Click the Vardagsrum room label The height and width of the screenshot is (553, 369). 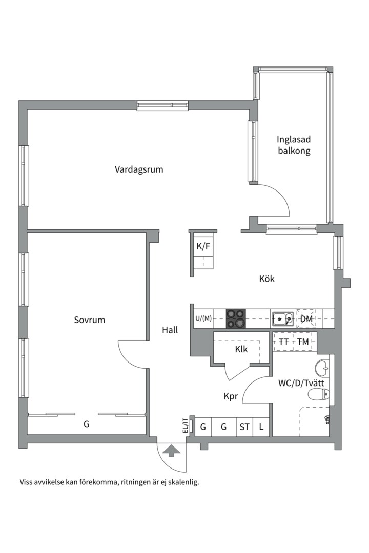click(x=139, y=169)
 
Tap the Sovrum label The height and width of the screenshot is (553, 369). click(x=89, y=320)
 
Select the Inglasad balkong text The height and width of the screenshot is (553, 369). click(x=294, y=145)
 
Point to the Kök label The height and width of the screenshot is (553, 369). click(x=266, y=279)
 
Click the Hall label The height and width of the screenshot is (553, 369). click(x=170, y=330)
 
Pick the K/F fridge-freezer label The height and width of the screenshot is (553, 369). click(x=203, y=246)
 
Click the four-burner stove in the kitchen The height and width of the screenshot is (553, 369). click(x=236, y=318)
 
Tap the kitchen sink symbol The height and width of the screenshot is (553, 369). click(x=282, y=319)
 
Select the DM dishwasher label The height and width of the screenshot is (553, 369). click(x=306, y=320)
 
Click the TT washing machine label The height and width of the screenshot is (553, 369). click(x=283, y=342)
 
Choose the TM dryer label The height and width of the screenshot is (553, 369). click(x=303, y=342)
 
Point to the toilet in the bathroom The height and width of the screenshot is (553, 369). click(x=319, y=394)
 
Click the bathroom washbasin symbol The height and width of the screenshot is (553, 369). click(x=322, y=367)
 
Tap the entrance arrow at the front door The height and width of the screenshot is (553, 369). click(x=171, y=451)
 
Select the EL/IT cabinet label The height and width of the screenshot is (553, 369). click(x=185, y=426)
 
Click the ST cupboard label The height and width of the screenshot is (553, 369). click(x=243, y=426)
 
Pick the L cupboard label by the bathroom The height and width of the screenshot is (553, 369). click(x=261, y=426)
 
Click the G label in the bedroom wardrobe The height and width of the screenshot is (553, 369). click(x=86, y=424)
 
